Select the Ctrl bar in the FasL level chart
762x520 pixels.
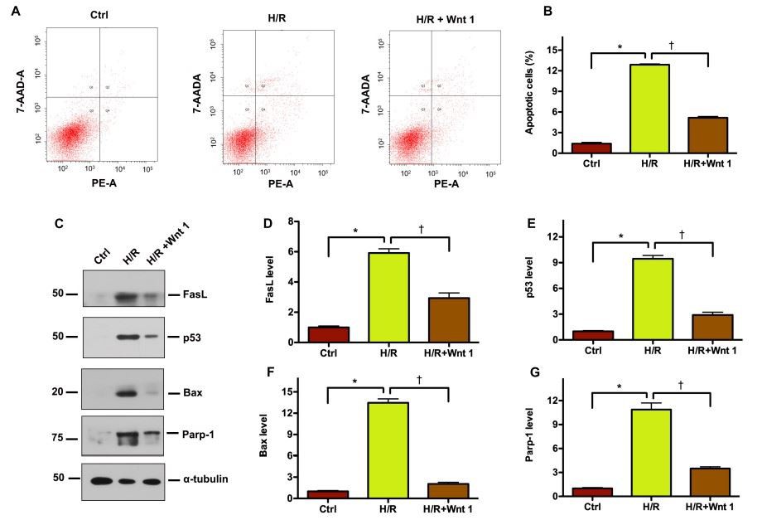(x=328, y=334)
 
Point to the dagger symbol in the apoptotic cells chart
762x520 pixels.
(x=672, y=46)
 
